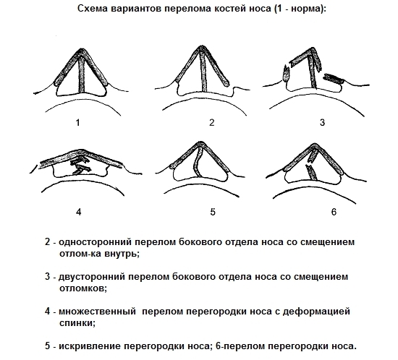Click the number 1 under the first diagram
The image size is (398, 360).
(x=78, y=123)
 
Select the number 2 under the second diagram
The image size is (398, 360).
(x=212, y=122)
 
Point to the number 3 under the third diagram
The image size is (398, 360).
(x=322, y=122)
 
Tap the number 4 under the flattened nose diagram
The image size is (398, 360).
(x=79, y=212)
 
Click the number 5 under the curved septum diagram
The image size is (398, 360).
(x=213, y=212)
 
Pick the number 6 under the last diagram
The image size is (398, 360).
(x=334, y=212)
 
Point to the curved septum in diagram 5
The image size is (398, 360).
(x=195, y=162)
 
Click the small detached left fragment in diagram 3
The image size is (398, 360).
(x=287, y=73)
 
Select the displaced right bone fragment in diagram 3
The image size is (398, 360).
(x=334, y=79)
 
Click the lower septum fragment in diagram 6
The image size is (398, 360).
(x=311, y=172)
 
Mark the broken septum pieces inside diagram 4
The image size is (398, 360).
(x=80, y=166)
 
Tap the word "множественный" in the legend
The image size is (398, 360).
(x=98, y=312)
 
